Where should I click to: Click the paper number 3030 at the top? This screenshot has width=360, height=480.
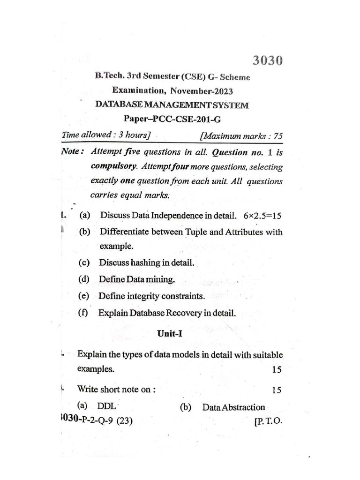[268, 61]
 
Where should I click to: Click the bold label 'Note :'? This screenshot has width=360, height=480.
[73, 152]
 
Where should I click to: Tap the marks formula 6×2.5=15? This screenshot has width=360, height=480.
[263, 216]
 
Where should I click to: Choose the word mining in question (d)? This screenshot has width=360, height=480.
[160, 280]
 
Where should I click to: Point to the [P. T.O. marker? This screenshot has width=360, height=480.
[268, 421]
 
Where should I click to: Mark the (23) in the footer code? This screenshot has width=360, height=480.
[122, 421]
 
